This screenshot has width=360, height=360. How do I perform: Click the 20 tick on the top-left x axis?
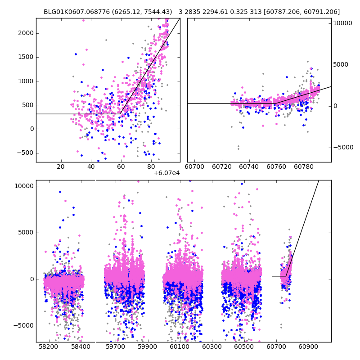click(x=60, y=167)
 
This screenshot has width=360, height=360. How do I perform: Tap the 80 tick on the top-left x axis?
click(x=151, y=167)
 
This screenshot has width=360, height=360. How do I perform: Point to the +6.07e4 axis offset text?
click(x=166, y=173)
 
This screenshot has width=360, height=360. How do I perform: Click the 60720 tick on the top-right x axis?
click(x=221, y=167)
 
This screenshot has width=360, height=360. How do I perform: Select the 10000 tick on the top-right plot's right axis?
click(x=343, y=23)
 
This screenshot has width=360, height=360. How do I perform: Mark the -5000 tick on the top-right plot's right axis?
click(x=343, y=147)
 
